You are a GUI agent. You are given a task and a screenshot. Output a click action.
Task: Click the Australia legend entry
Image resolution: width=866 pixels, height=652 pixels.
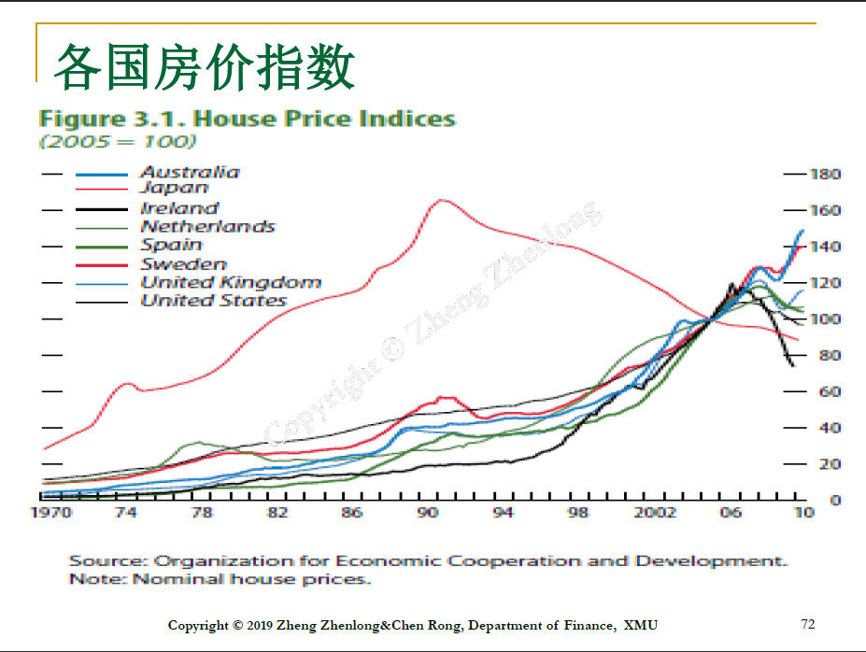coord(190,172)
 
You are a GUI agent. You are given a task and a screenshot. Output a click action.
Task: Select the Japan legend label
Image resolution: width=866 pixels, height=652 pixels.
coord(174,189)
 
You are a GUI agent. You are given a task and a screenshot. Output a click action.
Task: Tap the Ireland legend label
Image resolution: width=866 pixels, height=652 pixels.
coord(179,208)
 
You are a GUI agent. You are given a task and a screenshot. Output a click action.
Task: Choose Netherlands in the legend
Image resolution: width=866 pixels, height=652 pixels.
coord(207,226)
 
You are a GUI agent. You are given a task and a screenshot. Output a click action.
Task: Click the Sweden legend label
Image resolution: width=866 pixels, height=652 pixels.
coord(183,264)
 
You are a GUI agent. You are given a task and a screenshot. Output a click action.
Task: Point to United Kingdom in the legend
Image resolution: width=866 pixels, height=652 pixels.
coord(231,282)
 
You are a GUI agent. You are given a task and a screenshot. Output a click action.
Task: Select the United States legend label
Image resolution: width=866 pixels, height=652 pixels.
coord(213,301)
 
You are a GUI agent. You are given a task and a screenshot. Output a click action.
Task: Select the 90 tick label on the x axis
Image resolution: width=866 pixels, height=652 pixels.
coord(427,513)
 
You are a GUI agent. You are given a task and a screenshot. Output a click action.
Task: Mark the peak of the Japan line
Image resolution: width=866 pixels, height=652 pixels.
coord(441,200)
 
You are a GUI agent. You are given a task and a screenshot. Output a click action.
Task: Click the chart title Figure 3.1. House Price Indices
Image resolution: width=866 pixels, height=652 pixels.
coord(247,119)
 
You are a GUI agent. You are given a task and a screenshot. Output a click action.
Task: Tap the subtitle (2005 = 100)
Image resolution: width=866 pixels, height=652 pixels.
coord(117,142)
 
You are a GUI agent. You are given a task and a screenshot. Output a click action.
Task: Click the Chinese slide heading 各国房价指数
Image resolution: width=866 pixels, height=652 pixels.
coord(204,67)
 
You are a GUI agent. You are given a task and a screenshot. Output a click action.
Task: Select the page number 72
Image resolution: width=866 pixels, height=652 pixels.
coord(808,623)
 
